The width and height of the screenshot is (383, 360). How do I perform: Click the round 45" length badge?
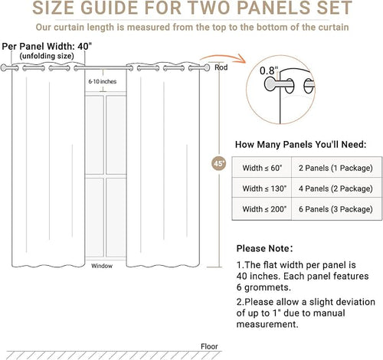(x=219, y=163)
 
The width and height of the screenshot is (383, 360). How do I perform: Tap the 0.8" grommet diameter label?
(x=269, y=70)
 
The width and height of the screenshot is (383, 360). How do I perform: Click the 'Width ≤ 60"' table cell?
(x=262, y=168)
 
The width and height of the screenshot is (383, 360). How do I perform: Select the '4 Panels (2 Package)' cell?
(x=336, y=188)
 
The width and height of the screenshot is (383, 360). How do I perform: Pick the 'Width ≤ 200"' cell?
(x=262, y=209)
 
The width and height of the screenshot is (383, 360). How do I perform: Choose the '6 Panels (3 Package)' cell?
(x=336, y=209)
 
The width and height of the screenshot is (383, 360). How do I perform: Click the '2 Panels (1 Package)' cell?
(x=336, y=168)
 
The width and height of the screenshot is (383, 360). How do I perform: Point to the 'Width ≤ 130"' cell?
(x=262, y=188)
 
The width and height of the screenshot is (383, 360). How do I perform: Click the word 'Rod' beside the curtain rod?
(x=221, y=67)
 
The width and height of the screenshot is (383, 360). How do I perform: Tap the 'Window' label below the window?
(x=102, y=266)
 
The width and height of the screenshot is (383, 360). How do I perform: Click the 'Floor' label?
(x=209, y=346)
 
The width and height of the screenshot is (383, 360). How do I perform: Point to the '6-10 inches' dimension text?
(x=103, y=81)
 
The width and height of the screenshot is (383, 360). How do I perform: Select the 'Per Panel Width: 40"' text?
(x=47, y=47)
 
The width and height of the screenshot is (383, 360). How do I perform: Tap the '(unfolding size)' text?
(x=47, y=56)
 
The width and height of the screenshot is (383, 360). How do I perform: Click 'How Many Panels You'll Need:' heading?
(x=301, y=145)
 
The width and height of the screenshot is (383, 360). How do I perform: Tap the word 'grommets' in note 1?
(x=267, y=288)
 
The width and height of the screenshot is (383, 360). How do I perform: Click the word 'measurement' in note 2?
(x=267, y=325)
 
